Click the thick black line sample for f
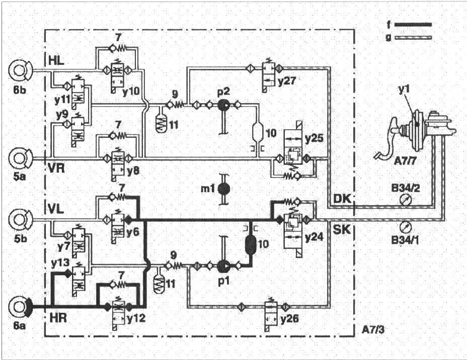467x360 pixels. coord(413,24)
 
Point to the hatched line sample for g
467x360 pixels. coord(413,38)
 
